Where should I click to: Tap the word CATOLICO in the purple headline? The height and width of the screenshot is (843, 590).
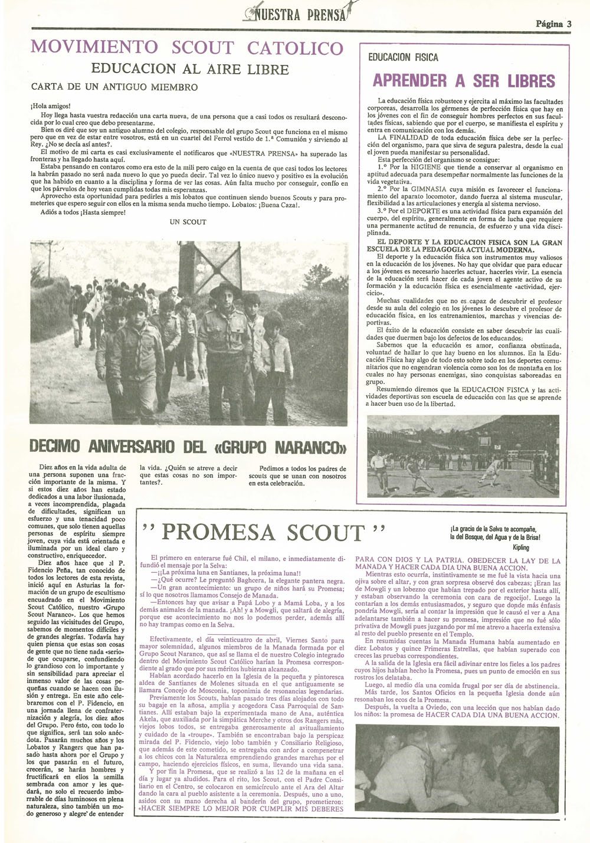pos(295,48)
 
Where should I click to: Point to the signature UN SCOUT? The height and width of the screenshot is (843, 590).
pos(188,222)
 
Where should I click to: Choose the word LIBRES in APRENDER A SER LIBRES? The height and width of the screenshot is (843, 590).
pos(526,81)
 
